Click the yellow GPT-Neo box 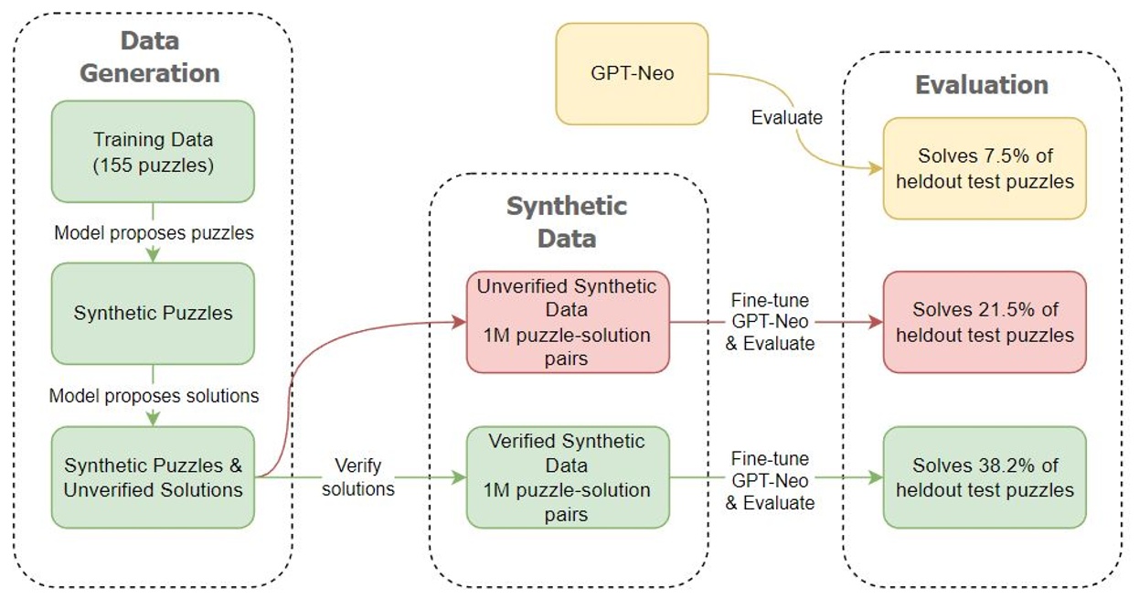[x=632, y=74]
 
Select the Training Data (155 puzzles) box [x=153, y=151]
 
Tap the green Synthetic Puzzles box [x=153, y=313]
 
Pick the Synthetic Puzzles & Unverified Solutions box [x=153, y=477]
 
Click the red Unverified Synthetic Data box [x=568, y=322]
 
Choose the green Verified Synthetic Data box [x=568, y=477]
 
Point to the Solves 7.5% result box [x=985, y=168]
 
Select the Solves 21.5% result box [x=985, y=322]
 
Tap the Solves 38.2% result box [x=985, y=477]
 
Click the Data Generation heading [x=150, y=57]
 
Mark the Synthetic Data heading [x=567, y=221]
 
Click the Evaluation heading [x=982, y=85]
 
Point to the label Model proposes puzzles [x=154, y=232]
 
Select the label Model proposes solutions [x=154, y=396]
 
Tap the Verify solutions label [x=358, y=477]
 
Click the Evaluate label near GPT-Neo [x=787, y=117]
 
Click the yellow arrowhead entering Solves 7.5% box [x=876, y=169]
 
